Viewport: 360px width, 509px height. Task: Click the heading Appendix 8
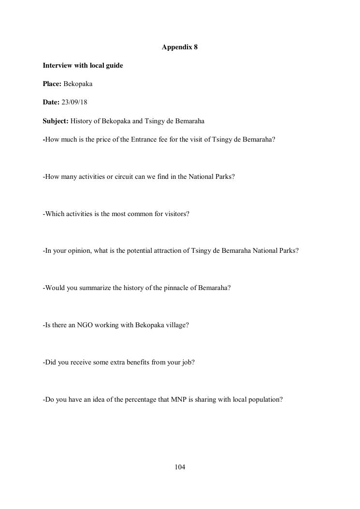(x=180, y=47)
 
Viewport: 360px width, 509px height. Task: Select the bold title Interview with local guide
(x=83, y=65)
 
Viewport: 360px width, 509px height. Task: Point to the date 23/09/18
(x=74, y=102)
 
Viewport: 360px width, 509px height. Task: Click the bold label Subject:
(x=55, y=121)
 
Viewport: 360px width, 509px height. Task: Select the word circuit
(x=125, y=176)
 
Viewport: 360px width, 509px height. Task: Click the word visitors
(x=176, y=214)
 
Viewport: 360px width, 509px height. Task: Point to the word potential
(x=140, y=251)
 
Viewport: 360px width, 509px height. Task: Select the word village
(x=175, y=325)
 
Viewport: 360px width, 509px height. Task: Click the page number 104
(x=180, y=467)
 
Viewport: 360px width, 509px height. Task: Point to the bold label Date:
(x=51, y=102)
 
